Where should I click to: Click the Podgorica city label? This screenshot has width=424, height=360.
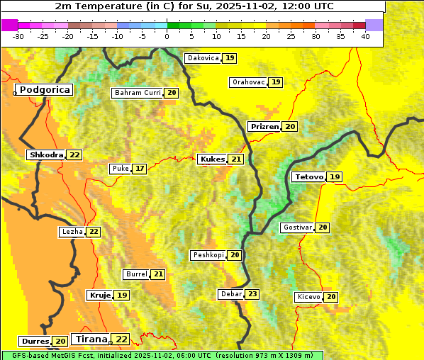(x=44, y=90)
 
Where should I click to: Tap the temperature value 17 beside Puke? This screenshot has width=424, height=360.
(x=140, y=169)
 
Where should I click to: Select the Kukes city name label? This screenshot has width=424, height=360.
(x=212, y=159)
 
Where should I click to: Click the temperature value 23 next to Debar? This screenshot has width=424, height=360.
(x=252, y=294)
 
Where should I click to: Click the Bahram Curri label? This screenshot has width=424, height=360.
(x=138, y=93)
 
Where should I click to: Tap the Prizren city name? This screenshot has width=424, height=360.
(x=264, y=126)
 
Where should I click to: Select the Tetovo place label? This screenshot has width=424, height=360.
(x=308, y=176)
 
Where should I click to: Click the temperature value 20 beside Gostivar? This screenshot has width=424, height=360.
(x=323, y=227)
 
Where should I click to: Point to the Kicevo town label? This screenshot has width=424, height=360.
(x=308, y=296)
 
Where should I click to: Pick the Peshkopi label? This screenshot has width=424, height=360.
(x=208, y=255)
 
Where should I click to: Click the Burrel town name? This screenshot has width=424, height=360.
(x=135, y=274)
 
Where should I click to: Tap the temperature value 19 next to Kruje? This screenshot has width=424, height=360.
(x=123, y=295)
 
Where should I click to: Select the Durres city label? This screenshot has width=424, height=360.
(x=35, y=342)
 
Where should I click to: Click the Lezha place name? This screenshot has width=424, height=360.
(x=72, y=232)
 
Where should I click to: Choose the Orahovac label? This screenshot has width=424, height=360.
(x=248, y=82)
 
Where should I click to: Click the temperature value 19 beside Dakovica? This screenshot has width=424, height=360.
(x=230, y=58)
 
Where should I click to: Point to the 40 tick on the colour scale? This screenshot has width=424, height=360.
(x=364, y=35)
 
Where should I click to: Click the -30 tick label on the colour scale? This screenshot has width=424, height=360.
(x=18, y=35)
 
